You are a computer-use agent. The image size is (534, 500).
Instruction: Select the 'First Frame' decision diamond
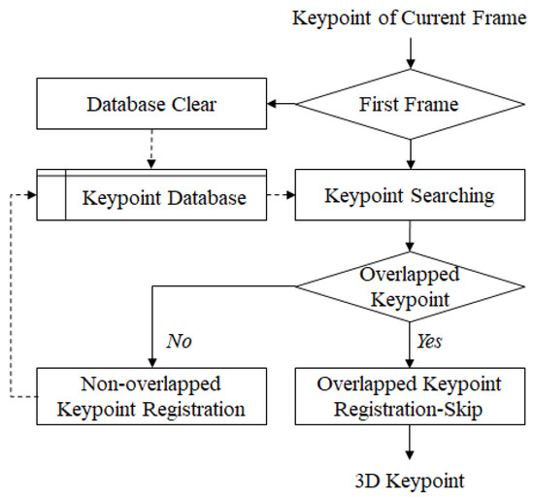pos(414,102)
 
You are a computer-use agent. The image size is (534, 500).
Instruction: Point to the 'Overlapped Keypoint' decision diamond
pos(414,286)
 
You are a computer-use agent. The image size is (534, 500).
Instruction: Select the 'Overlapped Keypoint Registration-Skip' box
pos(414,395)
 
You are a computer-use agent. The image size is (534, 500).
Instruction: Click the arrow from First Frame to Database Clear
pos(282,102)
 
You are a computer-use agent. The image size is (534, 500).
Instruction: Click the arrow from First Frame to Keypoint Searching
pos(414,150)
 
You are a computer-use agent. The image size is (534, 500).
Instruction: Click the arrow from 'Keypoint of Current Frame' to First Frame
pos(414,49)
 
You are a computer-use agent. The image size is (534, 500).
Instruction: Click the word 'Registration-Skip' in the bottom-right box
pos(414,408)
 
